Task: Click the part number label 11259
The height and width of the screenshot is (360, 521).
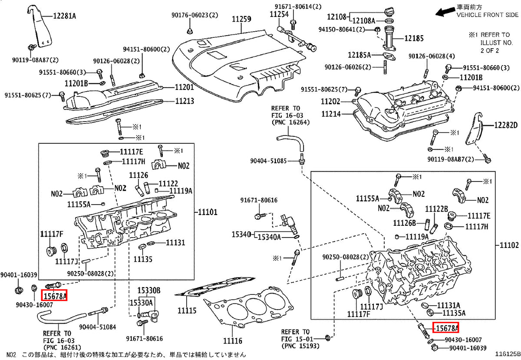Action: [241, 19]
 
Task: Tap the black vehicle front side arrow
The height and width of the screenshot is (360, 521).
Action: [445, 12]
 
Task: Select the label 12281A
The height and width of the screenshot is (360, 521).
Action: [64, 16]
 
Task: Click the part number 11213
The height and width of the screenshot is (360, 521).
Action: [185, 101]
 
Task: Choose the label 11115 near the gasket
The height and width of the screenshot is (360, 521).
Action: [187, 310]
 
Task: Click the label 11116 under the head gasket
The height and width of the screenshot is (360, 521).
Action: [233, 341]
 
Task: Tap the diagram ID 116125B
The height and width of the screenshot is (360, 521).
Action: [508, 354]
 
